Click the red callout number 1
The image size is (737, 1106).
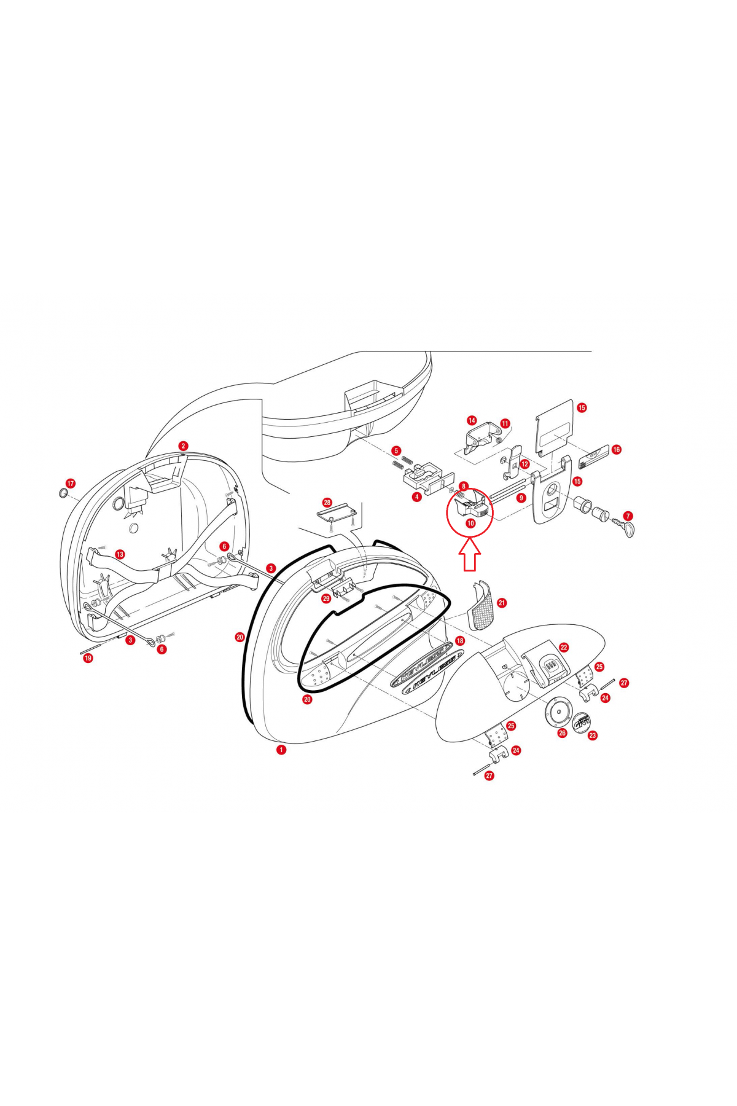coord(281,750)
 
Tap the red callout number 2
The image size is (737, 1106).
coord(183,446)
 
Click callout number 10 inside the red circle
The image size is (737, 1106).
coord(470,524)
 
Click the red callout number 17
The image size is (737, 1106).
coord(71,484)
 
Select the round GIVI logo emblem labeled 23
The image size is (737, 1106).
coord(580,723)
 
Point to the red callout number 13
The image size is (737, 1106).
coord(120,554)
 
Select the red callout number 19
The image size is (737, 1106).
coord(88,658)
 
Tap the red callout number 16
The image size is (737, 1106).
coord(616,449)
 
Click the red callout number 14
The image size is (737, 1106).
coord(472,420)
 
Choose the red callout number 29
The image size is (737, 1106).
coord(326,598)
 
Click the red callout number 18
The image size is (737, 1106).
coord(460,640)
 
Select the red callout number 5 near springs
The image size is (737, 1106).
coord(396,450)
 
